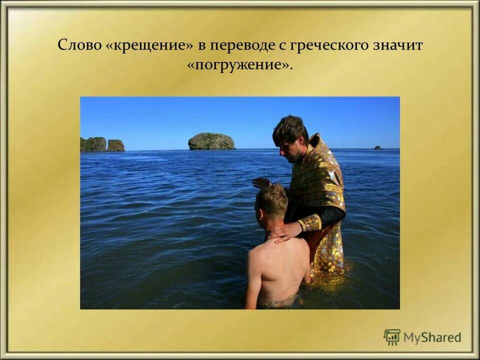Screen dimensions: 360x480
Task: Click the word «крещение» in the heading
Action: [x=149, y=45]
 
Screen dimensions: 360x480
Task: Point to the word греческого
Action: [x=332, y=45]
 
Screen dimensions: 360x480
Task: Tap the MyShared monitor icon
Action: [x=392, y=337]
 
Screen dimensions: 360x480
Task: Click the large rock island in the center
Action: [x=211, y=141]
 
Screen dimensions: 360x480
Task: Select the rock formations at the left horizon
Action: [x=102, y=144]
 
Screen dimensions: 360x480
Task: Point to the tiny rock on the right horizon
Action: [x=378, y=147]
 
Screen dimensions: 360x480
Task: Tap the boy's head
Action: [x=271, y=202]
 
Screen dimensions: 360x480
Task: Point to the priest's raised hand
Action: [x=261, y=183]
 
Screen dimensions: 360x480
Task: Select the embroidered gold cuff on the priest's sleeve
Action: [x=310, y=222]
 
